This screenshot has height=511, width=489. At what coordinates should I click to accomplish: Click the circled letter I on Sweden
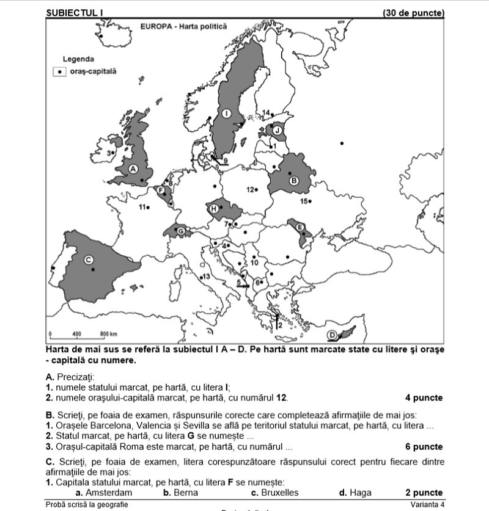coord(226,114)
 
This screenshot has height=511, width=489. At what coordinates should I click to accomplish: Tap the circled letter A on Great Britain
coord(133,169)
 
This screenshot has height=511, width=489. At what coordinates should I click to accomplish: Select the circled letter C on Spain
coord(88,260)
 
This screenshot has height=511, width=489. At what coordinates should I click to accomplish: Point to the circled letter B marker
coord(293,180)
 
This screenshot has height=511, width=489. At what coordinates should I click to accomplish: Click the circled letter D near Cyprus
coord(332,335)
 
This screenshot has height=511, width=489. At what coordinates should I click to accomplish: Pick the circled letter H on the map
coord(213,209)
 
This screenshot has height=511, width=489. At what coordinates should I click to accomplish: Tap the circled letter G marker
coord(180,231)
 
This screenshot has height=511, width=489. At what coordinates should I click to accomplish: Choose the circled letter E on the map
coord(300,227)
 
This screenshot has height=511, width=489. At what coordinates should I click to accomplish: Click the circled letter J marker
coord(277,130)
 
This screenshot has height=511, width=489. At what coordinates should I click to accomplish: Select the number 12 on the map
coord(251,190)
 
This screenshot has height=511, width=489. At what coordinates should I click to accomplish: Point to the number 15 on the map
coord(304,201)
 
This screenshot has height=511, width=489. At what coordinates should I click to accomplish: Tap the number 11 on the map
coord(142,207)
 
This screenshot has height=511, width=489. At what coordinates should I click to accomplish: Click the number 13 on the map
coord(206,277)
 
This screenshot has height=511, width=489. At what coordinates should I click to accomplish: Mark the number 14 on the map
coord(266,112)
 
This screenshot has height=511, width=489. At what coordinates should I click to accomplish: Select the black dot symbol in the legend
coord(59,71)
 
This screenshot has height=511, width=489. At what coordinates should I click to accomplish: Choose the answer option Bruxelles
coord(274,493)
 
